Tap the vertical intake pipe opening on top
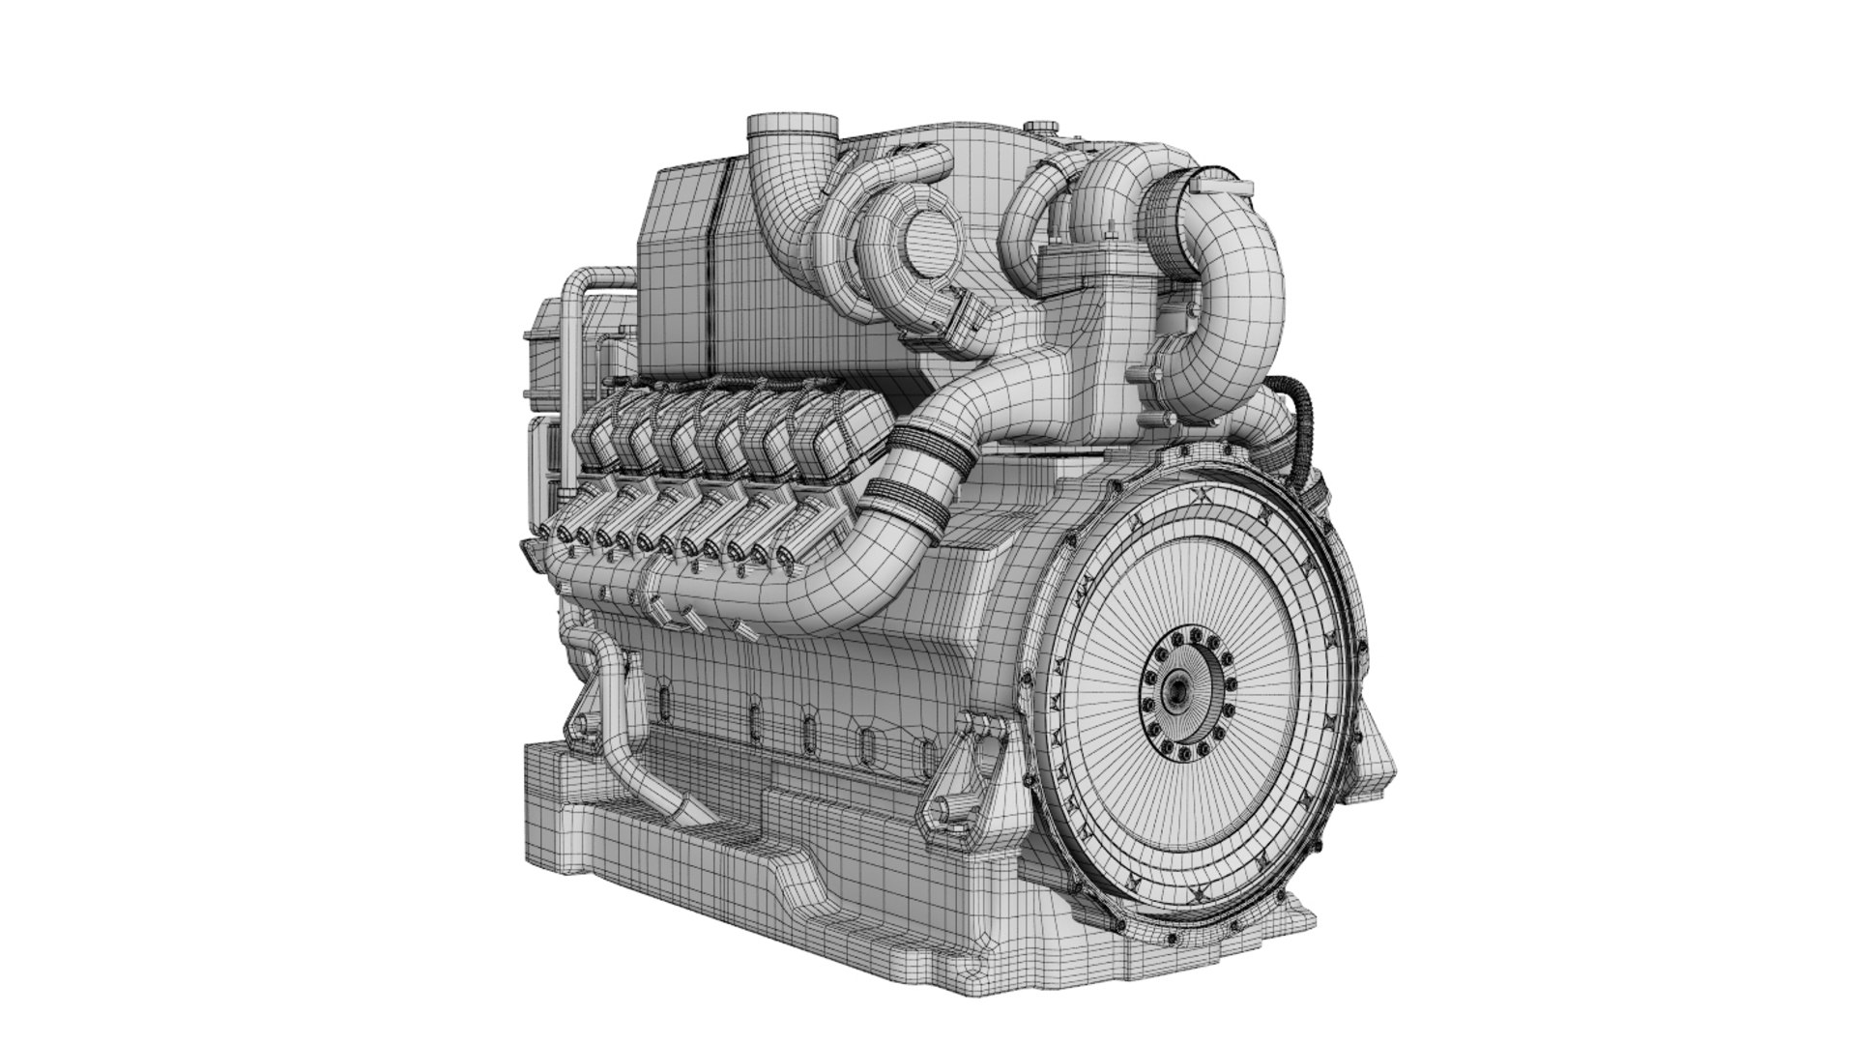[x=793, y=128]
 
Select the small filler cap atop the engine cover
[x=1042, y=127]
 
